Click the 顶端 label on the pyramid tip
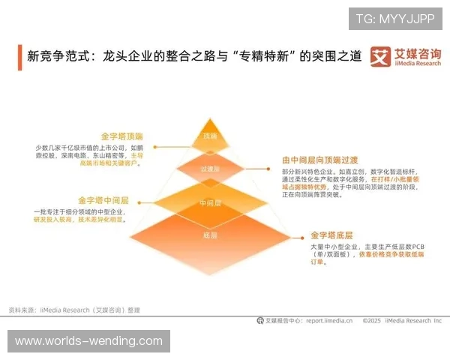[x=210, y=136]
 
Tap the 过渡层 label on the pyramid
[x=210, y=169]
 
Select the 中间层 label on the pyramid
[x=210, y=203]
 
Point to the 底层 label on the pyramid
[x=210, y=236]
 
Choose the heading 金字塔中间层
[x=103, y=201]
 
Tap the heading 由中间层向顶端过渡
[x=320, y=160]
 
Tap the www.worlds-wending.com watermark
[x=88, y=341]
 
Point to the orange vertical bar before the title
[x=20, y=57]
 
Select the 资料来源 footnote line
[x=73, y=310]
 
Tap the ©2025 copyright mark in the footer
[x=373, y=320]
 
